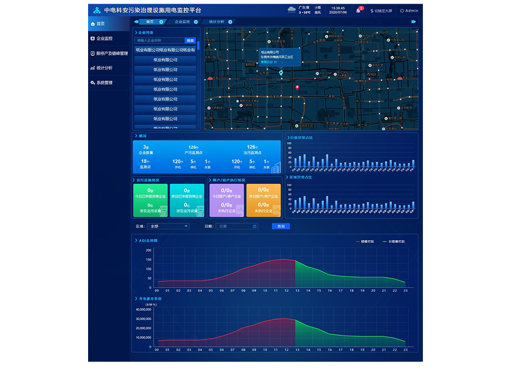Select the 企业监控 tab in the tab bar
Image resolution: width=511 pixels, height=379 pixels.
(x=183, y=22)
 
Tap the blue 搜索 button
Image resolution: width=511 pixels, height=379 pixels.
(x=190, y=41)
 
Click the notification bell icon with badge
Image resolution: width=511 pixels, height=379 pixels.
(x=358, y=11)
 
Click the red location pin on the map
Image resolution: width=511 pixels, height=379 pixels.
(x=297, y=88)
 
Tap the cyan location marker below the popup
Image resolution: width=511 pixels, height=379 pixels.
(x=281, y=73)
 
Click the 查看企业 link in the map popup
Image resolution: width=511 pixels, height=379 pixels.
(x=268, y=62)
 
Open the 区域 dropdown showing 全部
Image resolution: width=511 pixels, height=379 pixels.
(x=169, y=226)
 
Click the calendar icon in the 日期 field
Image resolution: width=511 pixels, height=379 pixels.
(x=255, y=226)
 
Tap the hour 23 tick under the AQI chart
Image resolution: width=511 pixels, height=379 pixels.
(x=405, y=291)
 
